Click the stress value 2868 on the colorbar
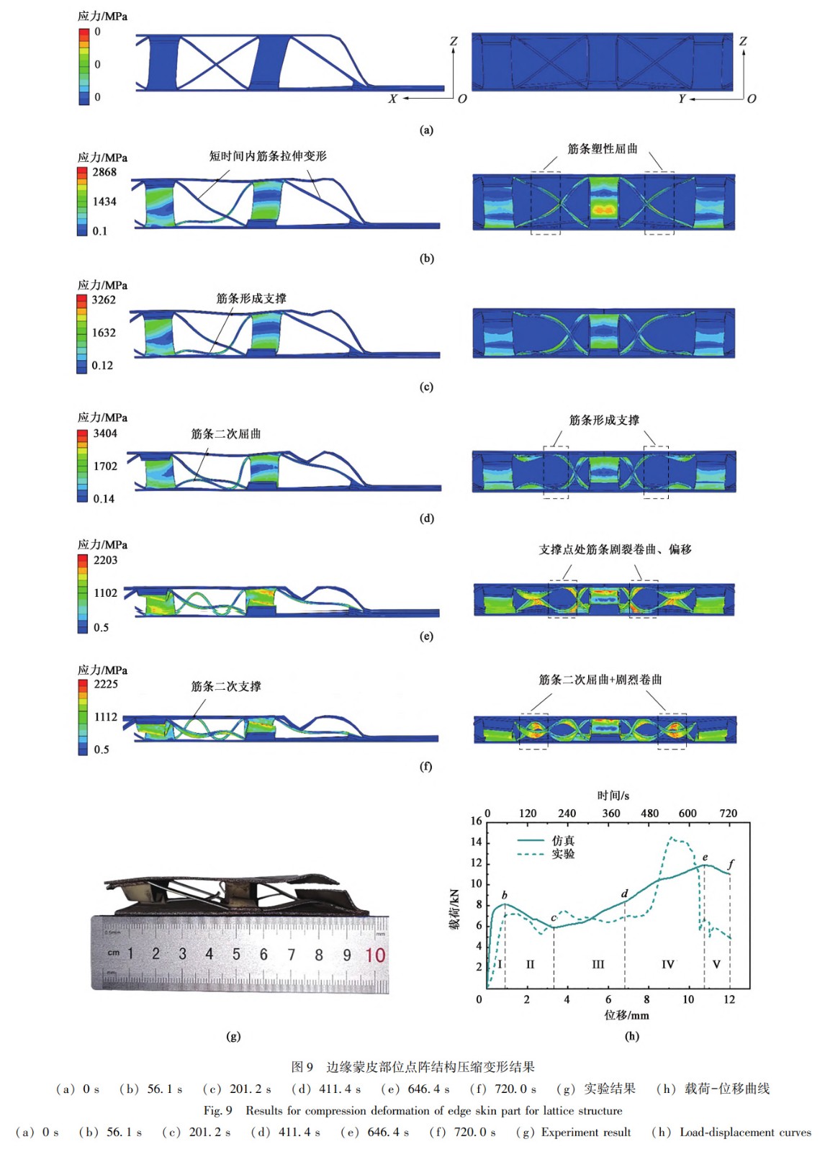click(x=104, y=172)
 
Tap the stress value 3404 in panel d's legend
click(x=104, y=433)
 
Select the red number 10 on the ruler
click(x=375, y=955)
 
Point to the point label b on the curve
click(x=505, y=895)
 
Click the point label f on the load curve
click(x=731, y=863)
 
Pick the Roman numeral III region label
click(x=598, y=964)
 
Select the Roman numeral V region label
click(x=716, y=964)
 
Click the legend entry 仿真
click(x=563, y=840)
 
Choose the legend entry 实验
click(x=563, y=854)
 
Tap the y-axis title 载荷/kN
click(x=454, y=909)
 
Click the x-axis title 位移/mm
click(x=626, y=1015)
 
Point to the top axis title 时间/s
click(x=613, y=796)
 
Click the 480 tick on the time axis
click(x=649, y=813)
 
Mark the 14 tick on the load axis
click(x=476, y=842)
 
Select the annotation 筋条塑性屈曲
click(x=603, y=149)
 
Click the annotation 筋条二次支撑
click(x=226, y=686)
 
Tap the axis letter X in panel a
click(x=392, y=99)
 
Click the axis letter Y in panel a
click(x=682, y=99)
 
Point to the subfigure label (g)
click(x=233, y=1036)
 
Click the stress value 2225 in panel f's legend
click(x=105, y=684)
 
